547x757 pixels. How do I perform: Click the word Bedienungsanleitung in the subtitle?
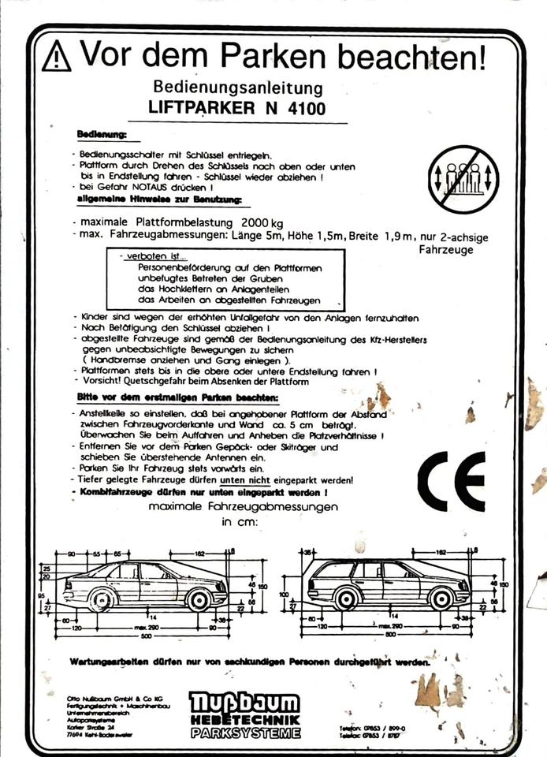point(238,87)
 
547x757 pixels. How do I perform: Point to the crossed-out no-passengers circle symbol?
point(464,179)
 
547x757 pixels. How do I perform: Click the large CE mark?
point(451,481)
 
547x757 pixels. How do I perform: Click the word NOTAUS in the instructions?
point(165,188)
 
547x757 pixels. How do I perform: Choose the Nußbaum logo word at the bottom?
point(244,703)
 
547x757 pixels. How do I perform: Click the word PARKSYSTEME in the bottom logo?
point(245,733)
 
